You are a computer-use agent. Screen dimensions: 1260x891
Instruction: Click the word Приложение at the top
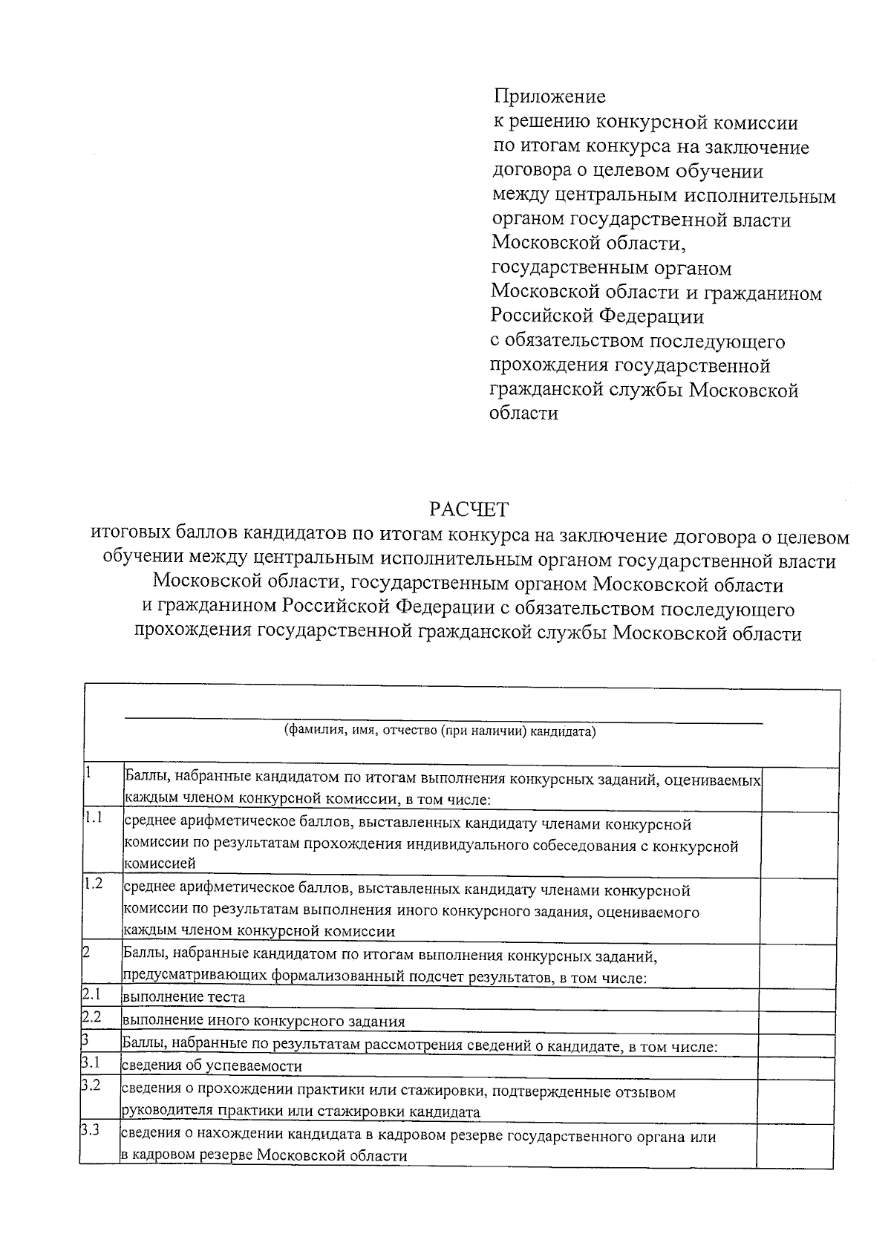pyautogui.click(x=549, y=97)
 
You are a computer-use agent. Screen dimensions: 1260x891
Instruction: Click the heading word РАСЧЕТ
pyautogui.click(x=469, y=509)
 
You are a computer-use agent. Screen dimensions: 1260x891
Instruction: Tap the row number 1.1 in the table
pyautogui.click(x=93, y=818)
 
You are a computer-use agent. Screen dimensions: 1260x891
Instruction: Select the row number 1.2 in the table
pyautogui.click(x=93, y=884)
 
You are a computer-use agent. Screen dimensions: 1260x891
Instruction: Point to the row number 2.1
pyautogui.click(x=91, y=994)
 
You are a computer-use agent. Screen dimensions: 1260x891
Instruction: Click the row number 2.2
pyautogui.click(x=91, y=1017)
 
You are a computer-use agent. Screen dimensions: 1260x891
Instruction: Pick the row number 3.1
pyautogui.click(x=91, y=1063)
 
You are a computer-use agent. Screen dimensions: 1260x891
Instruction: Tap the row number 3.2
pyautogui.click(x=91, y=1086)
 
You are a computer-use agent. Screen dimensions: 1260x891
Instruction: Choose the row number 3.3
pyautogui.click(x=91, y=1131)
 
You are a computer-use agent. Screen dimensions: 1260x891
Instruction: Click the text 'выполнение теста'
pyautogui.click(x=183, y=997)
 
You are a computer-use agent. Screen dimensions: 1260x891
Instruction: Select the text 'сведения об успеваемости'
pyautogui.click(x=212, y=1066)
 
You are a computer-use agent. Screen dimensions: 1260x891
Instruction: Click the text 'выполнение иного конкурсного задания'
pyautogui.click(x=264, y=1021)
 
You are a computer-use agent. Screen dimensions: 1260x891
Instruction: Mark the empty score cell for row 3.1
pyautogui.click(x=799, y=1068)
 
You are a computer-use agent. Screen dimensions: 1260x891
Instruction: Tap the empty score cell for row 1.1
pyautogui.click(x=800, y=843)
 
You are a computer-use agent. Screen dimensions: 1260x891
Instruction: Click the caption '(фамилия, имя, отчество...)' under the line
pyautogui.click(x=440, y=732)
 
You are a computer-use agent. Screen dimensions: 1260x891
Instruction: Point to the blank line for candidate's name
pyautogui.click(x=443, y=719)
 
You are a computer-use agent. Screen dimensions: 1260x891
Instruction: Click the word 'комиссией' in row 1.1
pyautogui.click(x=159, y=864)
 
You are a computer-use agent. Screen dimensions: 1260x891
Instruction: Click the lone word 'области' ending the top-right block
pyautogui.click(x=523, y=414)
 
